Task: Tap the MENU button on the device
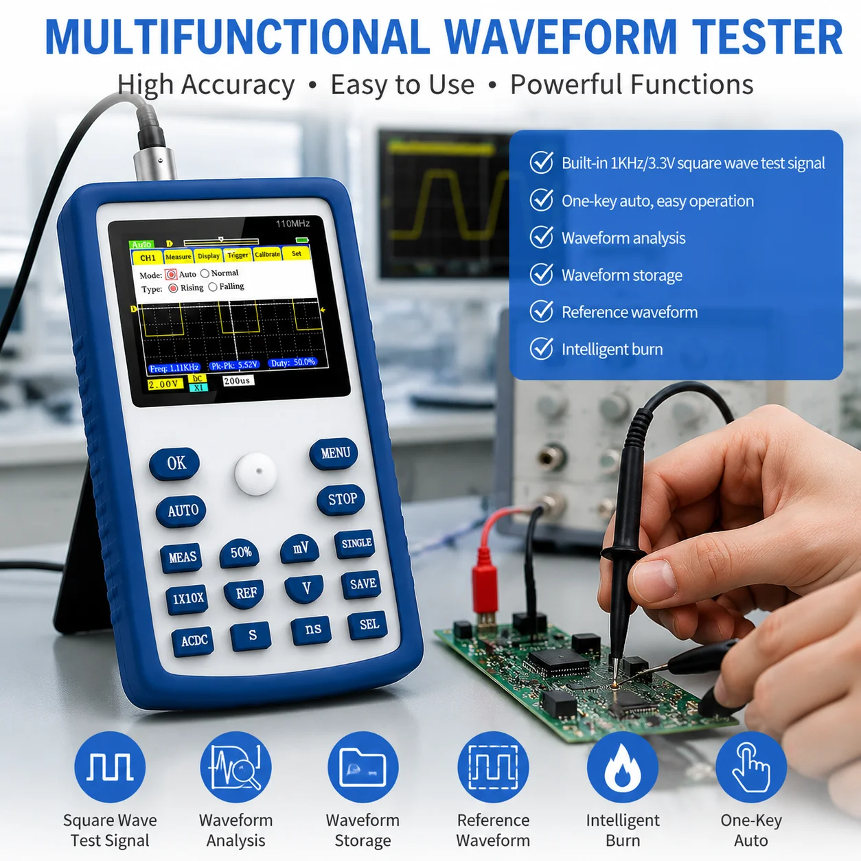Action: (x=334, y=454)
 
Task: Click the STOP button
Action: (x=341, y=500)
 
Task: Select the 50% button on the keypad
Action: (x=240, y=553)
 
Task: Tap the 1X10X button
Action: (x=187, y=598)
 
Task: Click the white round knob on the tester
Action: (x=255, y=474)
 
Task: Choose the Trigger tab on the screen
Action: (x=238, y=255)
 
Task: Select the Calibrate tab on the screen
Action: (x=267, y=254)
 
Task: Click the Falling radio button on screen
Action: (x=213, y=287)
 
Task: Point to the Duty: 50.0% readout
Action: (x=293, y=363)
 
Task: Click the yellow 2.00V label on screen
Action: (x=165, y=384)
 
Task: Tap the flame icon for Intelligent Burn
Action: (x=622, y=767)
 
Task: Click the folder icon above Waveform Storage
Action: (x=363, y=767)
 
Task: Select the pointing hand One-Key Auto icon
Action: (x=751, y=767)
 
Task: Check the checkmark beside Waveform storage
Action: (x=542, y=275)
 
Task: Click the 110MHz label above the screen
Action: (x=292, y=223)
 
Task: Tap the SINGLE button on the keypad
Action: (x=356, y=544)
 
